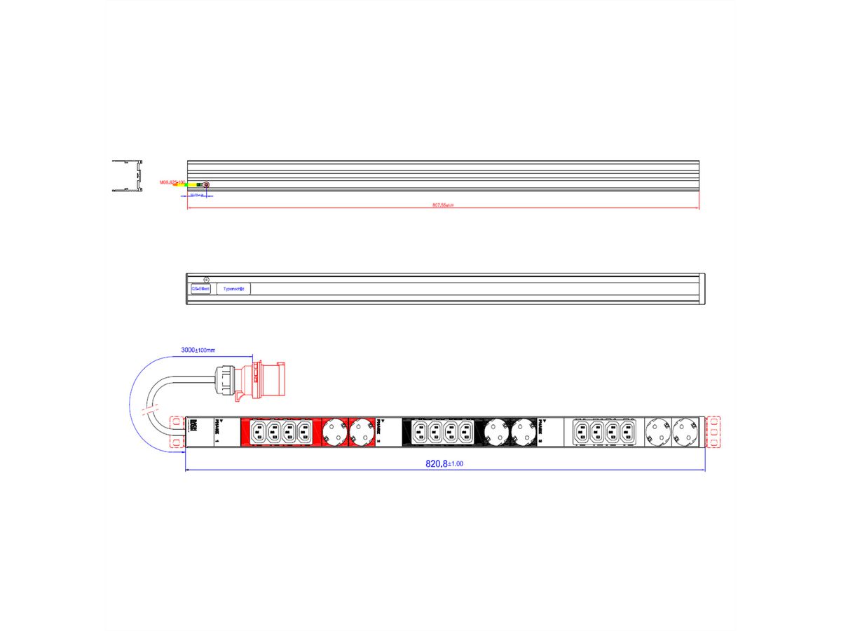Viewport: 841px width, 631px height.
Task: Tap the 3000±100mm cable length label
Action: pos(198,349)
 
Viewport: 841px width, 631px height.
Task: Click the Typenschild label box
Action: pos(233,289)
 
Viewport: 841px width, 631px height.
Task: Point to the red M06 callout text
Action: pos(171,182)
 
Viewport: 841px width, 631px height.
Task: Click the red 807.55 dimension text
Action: pos(443,205)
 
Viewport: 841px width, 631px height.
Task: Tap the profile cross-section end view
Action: pos(127,175)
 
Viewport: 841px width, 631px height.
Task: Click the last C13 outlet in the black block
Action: pos(465,430)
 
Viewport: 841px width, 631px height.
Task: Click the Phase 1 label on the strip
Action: pos(217,430)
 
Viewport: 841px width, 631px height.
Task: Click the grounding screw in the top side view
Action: pos(206,184)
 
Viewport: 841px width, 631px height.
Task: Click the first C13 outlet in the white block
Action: pos(581,430)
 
